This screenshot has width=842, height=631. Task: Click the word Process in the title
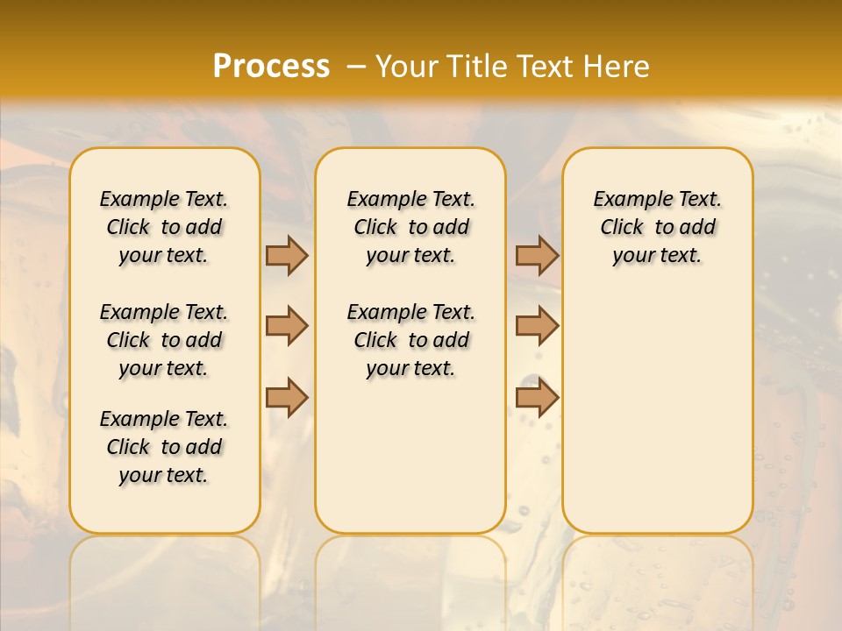[271, 66]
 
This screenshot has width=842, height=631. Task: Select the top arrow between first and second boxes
[287, 255]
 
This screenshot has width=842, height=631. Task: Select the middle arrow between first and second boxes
[287, 326]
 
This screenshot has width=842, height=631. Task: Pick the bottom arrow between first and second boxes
[287, 397]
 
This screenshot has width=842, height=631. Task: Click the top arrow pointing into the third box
[537, 255]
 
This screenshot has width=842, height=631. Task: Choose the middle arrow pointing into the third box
[537, 326]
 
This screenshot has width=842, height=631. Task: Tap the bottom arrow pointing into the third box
[537, 397]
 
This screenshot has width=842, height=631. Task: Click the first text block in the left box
[164, 227]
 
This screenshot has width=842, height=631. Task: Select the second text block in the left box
[164, 340]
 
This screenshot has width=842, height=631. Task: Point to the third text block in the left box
[164, 447]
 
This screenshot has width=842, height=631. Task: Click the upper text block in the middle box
[410, 227]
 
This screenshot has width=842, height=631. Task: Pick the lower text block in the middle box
[410, 340]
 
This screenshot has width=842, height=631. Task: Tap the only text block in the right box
[657, 227]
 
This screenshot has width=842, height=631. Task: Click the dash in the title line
[356, 67]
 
